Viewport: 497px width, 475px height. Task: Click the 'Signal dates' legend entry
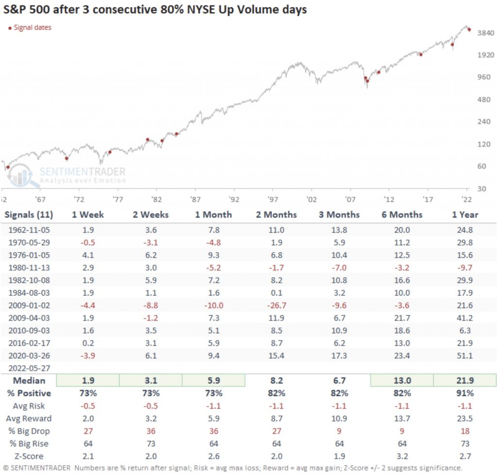(x=32, y=28)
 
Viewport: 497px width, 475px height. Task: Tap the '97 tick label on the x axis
(x=273, y=200)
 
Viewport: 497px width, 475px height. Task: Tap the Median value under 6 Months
(x=401, y=381)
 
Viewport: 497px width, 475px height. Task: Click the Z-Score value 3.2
(x=401, y=456)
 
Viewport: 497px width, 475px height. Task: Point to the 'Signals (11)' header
(x=29, y=215)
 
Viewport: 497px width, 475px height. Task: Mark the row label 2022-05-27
(x=29, y=368)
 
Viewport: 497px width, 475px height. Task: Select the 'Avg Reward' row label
(x=29, y=419)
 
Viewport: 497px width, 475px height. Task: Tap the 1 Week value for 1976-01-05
(x=88, y=254)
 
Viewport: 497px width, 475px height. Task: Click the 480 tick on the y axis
(x=484, y=100)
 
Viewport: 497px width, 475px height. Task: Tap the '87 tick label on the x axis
(x=195, y=200)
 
